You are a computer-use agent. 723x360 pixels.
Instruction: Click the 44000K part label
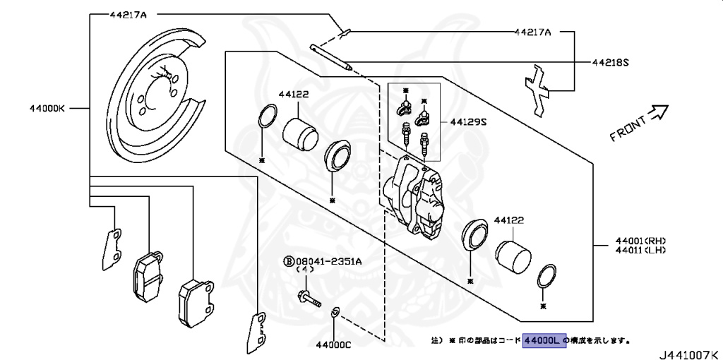(47, 108)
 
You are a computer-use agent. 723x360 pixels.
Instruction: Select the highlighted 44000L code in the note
(544, 340)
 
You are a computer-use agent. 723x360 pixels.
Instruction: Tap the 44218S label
(610, 62)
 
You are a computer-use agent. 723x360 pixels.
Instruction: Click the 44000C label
(333, 345)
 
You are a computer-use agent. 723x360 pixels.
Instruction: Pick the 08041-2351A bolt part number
(328, 260)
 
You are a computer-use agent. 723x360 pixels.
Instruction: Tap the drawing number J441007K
(689, 352)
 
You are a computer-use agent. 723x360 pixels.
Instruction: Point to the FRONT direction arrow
(659, 111)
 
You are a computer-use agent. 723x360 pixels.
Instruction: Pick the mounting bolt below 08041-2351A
(308, 298)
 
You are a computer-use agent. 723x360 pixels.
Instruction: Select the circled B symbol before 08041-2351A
(288, 260)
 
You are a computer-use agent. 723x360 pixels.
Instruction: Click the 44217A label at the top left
(128, 13)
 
